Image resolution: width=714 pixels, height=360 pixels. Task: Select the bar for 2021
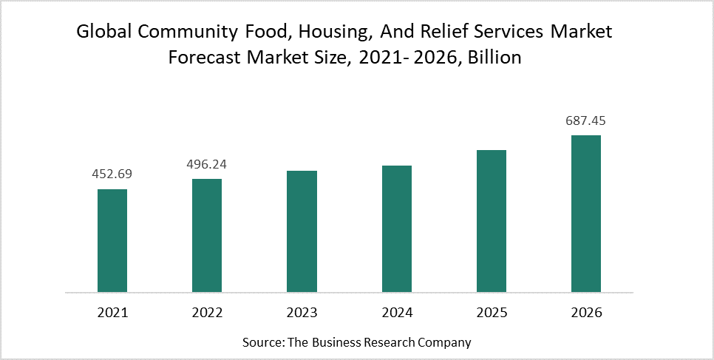pyautogui.click(x=112, y=240)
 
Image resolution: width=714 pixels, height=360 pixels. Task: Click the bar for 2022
pyautogui.click(x=207, y=235)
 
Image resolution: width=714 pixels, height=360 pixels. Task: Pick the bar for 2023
pyautogui.click(x=302, y=231)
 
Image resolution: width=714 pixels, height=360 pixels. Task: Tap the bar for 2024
pyautogui.click(x=396, y=228)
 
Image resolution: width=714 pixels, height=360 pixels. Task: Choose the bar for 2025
pyautogui.click(x=492, y=220)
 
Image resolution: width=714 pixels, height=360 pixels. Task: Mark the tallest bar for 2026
pyautogui.click(x=586, y=213)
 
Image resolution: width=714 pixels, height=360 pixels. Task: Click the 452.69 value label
pyautogui.click(x=112, y=174)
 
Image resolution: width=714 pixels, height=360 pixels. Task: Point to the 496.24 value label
pyautogui.click(x=207, y=164)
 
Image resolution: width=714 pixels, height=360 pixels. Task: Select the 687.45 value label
pyautogui.click(x=586, y=120)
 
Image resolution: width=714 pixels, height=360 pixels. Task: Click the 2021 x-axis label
pyautogui.click(x=112, y=313)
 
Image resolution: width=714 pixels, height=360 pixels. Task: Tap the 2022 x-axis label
pyautogui.click(x=207, y=313)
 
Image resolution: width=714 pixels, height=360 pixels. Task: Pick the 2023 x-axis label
pyautogui.click(x=302, y=313)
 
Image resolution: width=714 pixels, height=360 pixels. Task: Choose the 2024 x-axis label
pyautogui.click(x=396, y=313)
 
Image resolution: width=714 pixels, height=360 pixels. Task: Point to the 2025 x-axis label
pyautogui.click(x=492, y=313)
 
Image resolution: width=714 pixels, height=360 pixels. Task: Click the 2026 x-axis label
pyautogui.click(x=586, y=313)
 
